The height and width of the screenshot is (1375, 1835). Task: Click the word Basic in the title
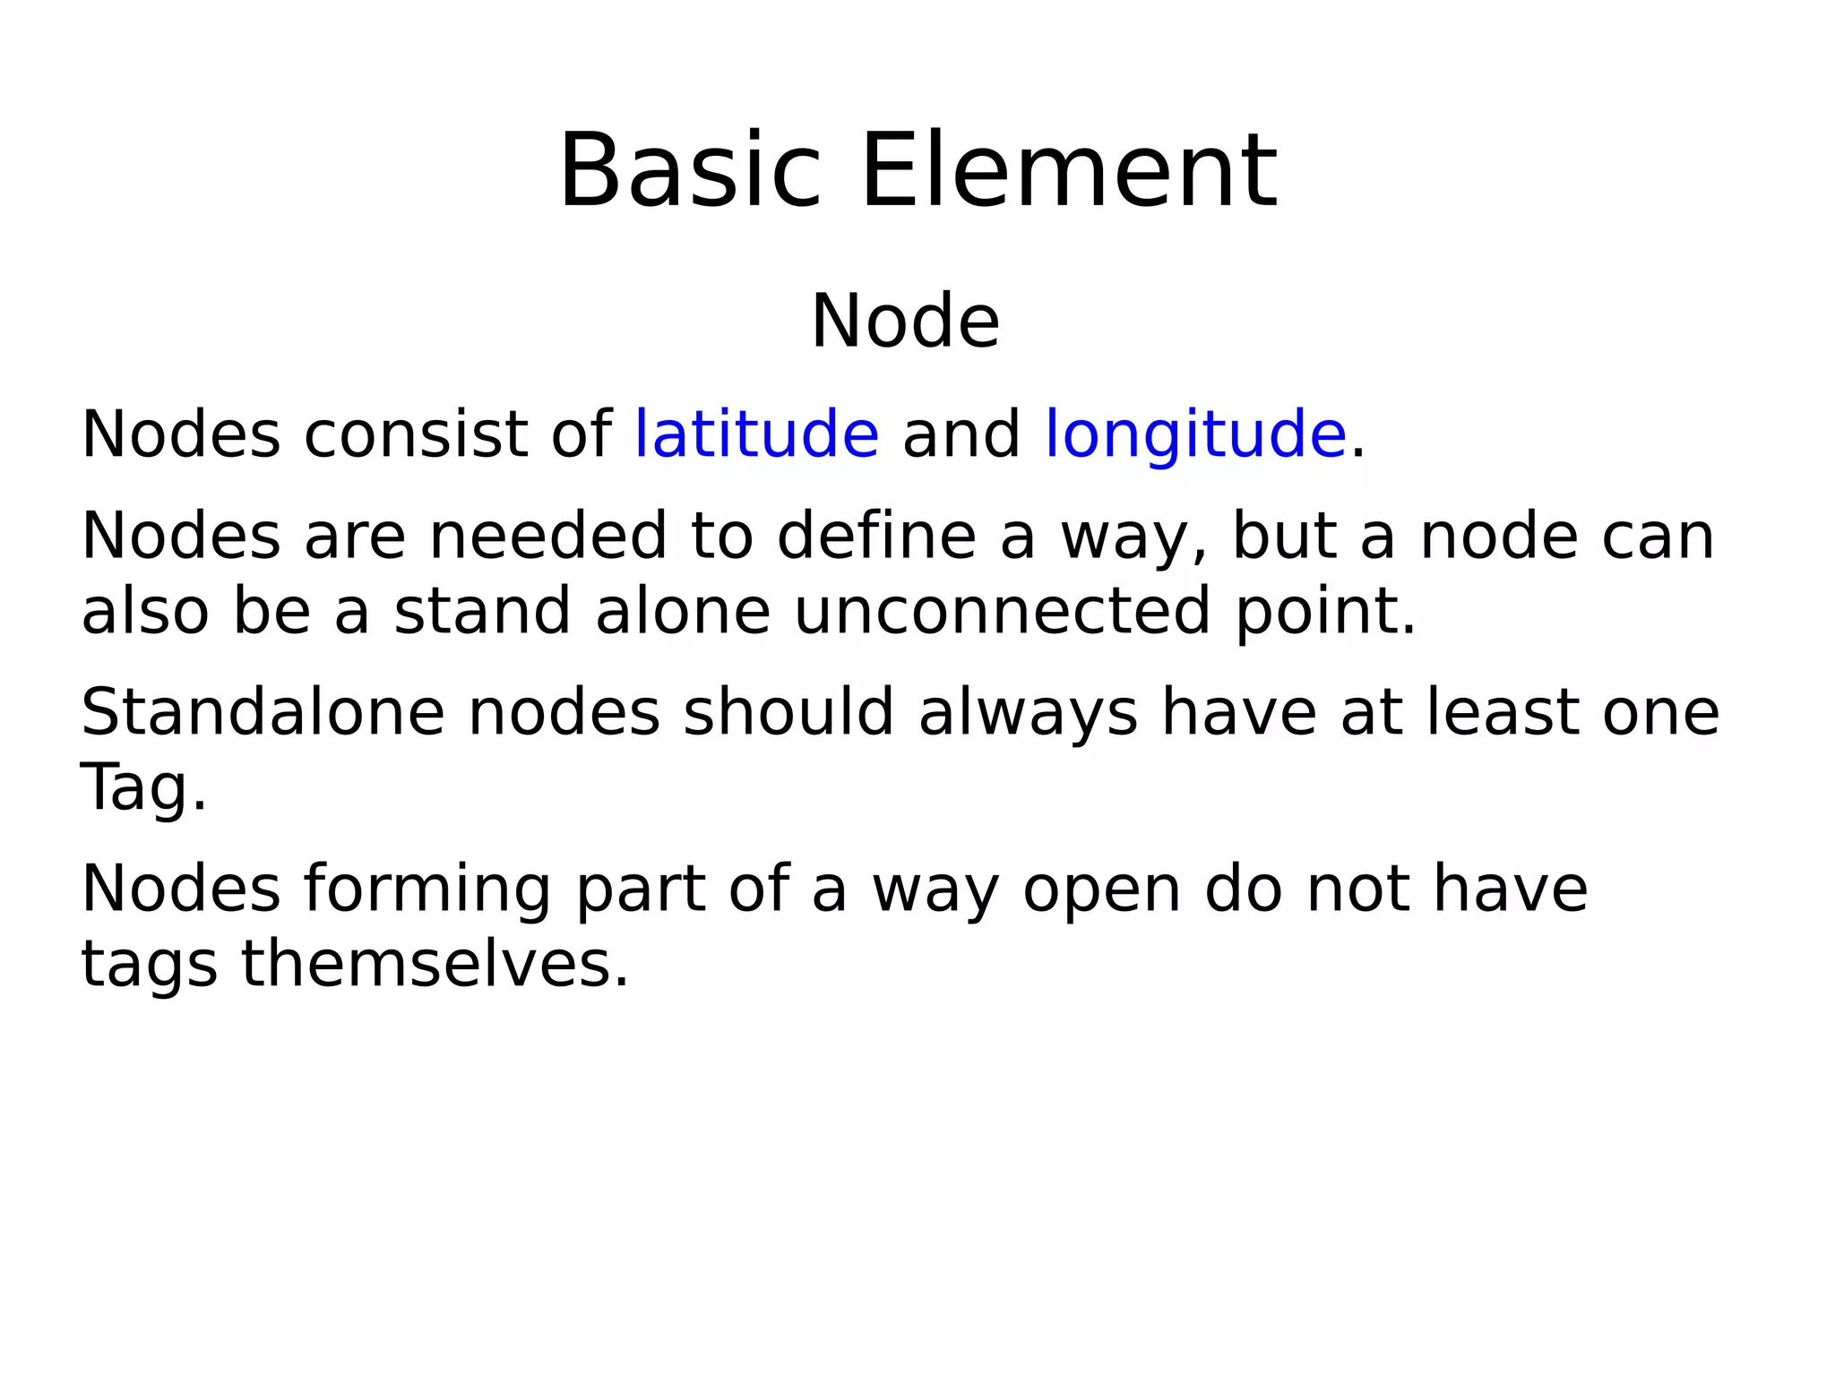[689, 171]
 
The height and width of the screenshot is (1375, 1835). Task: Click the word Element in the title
[1069, 171]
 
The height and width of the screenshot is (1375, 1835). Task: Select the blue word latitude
[756, 434]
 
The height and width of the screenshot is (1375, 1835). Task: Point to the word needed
[548, 536]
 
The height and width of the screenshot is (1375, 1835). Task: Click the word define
[875, 536]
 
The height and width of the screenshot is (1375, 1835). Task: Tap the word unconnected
[1003, 611]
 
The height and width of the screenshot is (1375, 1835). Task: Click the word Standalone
[263, 712]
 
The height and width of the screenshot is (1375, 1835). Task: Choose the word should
[788, 712]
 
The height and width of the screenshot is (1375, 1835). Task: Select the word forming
[426, 890]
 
